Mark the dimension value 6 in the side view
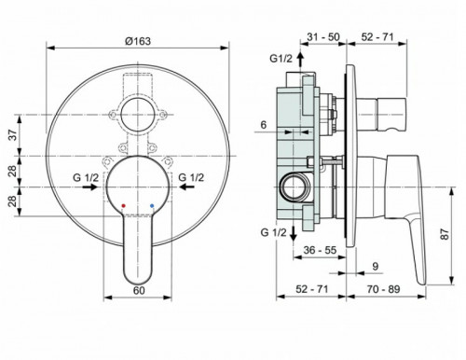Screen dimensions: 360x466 tap(264, 124)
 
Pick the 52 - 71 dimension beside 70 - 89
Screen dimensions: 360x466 tap(313, 290)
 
